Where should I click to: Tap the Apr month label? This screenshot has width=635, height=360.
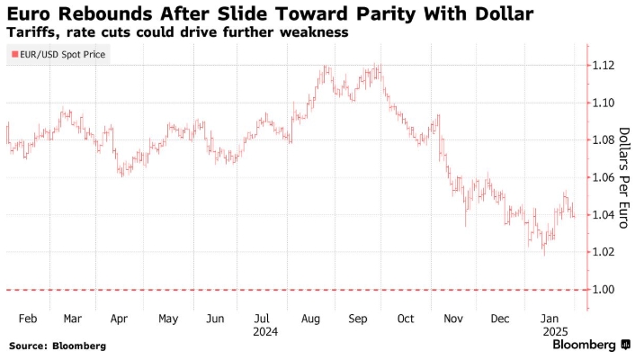pyautogui.click(x=120, y=319)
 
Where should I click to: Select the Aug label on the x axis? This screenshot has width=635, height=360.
pyautogui.click(x=310, y=319)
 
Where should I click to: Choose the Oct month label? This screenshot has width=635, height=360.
pyautogui.click(x=405, y=319)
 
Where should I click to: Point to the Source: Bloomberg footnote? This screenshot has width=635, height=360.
pyautogui.click(x=58, y=346)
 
